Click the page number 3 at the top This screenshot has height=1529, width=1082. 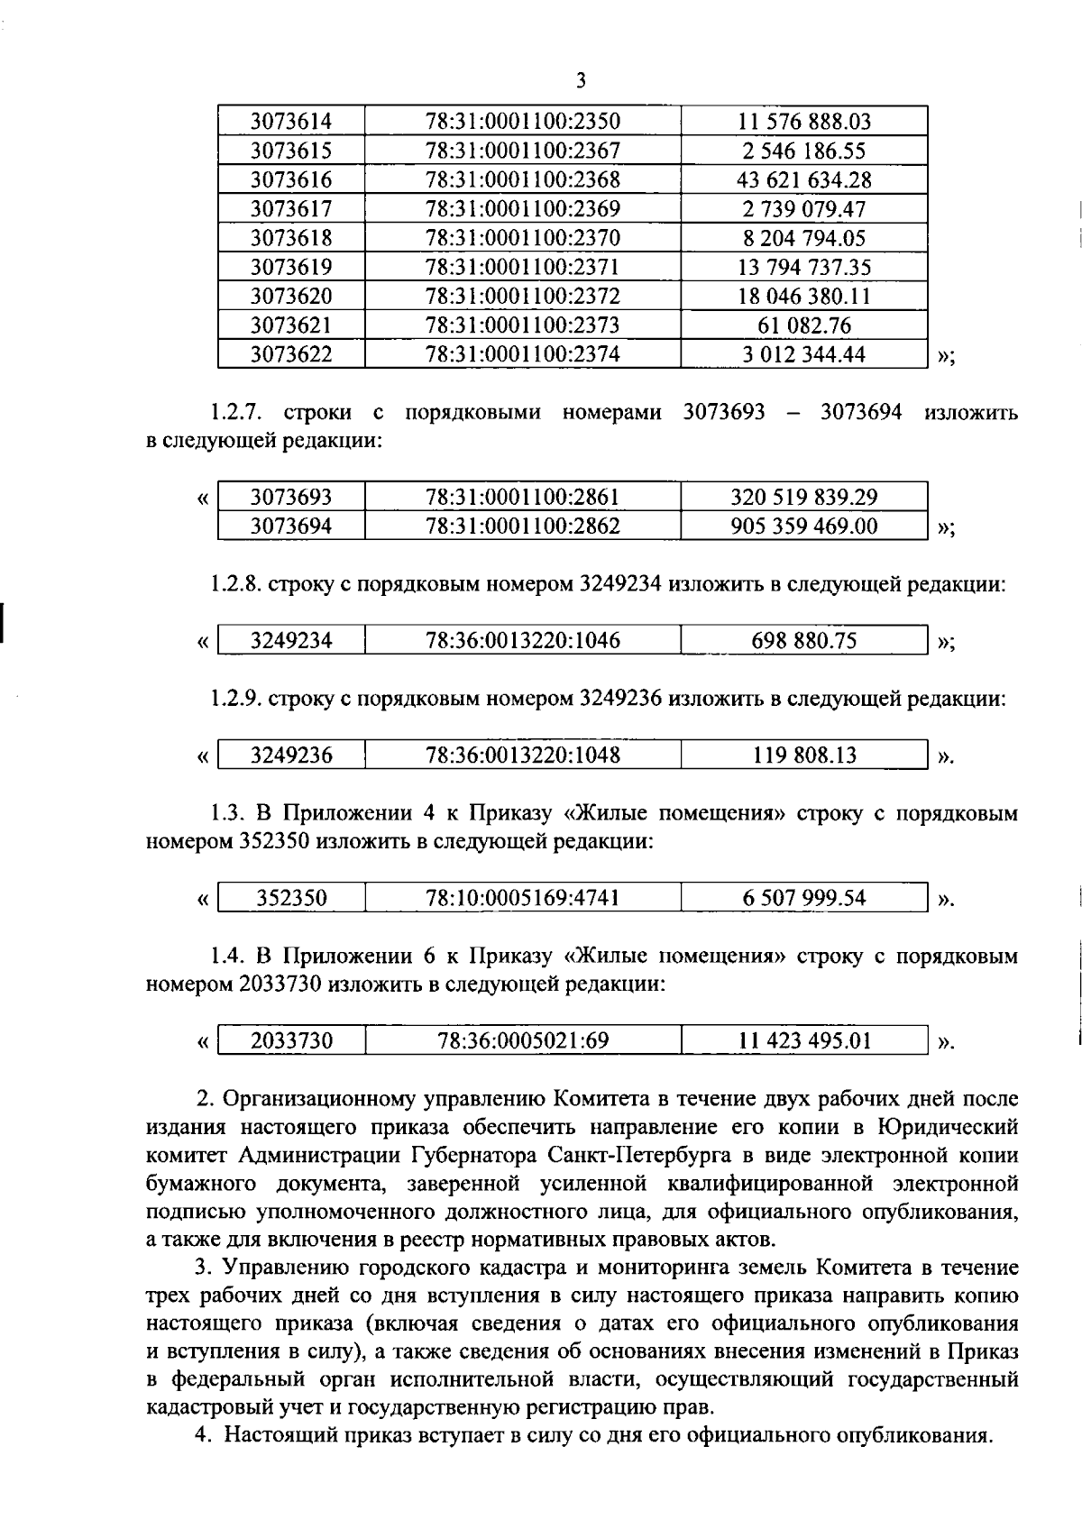pyautogui.click(x=580, y=81)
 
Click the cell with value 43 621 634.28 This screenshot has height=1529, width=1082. pyautogui.click(x=803, y=180)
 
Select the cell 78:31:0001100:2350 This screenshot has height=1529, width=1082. pyautogui.click(x=522, y=122)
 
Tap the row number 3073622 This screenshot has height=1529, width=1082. pyautogui.click(x=290, y=355)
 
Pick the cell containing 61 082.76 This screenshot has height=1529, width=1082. pyautogui.click(x=803, y=325)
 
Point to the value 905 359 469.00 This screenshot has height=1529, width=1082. pyautogui.click(x=803, y=526)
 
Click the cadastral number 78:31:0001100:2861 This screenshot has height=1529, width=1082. pyautogui.click(x=522, y=498)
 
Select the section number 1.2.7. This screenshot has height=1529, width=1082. pyautogui.click(x=236, y=414)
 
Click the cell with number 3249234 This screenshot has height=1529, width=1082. pyautogui.click(x=290, y=641)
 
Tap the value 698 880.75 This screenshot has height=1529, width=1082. pyautogui.click(x=803, y=641)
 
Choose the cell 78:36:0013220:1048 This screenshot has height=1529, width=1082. pyautogui.click(x=522, y=755)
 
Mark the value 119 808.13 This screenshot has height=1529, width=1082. pyautogui.click(x=803, y=755)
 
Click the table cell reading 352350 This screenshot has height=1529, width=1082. pyautogui.click(x=290, y=898)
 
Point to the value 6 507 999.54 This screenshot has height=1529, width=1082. pyautogui.click(x=803, y=898)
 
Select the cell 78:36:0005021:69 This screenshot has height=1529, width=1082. pyautogui.click(x=522, y=1041)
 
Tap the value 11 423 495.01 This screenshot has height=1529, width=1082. pyautogui.click(x=803, y=1041)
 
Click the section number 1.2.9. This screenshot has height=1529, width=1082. pyautogui.click(x=236, y=699)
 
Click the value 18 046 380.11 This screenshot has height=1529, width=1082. pyautogui.click(x=803, y=297)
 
